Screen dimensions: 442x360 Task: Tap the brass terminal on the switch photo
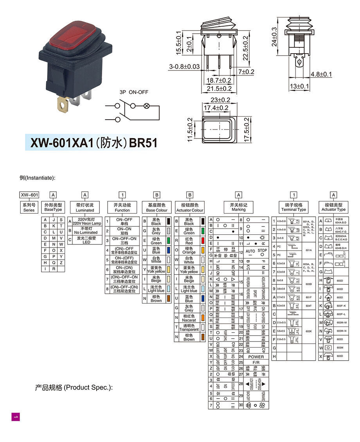pyautogui.click(x=63, y=105)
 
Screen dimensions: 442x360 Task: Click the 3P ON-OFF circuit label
pyautogui.click(x=134, y=92)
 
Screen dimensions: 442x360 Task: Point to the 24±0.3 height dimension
pyautogui.click(x=274, y=37)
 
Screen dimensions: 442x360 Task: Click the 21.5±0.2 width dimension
pyautogui.click(x=219, y=89)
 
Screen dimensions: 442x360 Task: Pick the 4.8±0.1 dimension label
pyautogui.click(x=321, y=74)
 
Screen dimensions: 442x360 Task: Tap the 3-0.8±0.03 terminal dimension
pyautogui.click(x=184, y=67)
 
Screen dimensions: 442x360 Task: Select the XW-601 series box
pyautogui.click(x=29, y=195)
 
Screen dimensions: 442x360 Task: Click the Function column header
pyautogui.click(x=122, y=207)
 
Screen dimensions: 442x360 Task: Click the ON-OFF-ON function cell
pyautogui.click(x=124, y=240)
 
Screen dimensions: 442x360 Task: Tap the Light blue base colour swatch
pyautogui.click(x=168, y=289)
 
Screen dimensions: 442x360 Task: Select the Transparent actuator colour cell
pyautogui.click(x=189, y=327)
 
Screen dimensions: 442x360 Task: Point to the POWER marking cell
pyautogui.click(x=256, y=357)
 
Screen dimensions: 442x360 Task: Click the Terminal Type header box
pyautogui.click(x=293, y=207)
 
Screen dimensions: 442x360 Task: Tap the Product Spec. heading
pyautogui.click(x=74, y=388)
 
